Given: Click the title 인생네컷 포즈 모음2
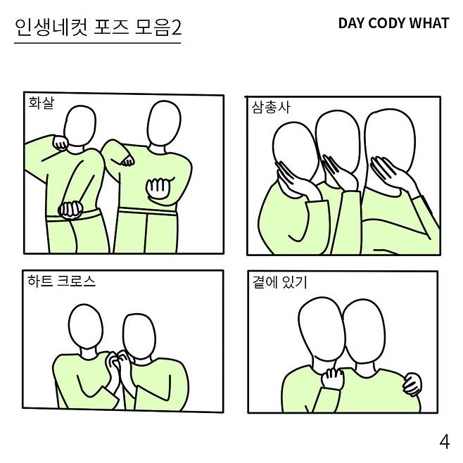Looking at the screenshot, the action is click(98, 27).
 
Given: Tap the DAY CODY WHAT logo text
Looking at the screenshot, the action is click(393, 23).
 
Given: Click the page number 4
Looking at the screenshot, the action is click(445, 442).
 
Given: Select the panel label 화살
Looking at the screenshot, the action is click(42, 103).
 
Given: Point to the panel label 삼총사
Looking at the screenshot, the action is click(271, 107).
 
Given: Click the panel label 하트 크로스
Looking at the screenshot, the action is click(61, 281).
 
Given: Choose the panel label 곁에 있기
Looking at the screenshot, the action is click(280, 282).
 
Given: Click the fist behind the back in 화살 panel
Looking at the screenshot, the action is click(70, 210).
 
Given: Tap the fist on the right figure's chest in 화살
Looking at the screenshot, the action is click(159, 187).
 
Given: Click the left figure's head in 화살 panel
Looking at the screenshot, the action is click(80, 126).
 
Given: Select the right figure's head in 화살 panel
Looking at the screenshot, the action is click(164, 123).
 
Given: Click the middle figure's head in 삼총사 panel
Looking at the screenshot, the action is click(337, 142).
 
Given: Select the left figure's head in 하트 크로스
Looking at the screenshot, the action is click(86, 326).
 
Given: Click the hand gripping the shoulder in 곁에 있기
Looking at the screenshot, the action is click(412, 384).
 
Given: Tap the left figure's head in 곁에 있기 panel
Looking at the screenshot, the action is click(322, 329).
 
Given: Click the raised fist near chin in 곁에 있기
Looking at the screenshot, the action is click(333, 379).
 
